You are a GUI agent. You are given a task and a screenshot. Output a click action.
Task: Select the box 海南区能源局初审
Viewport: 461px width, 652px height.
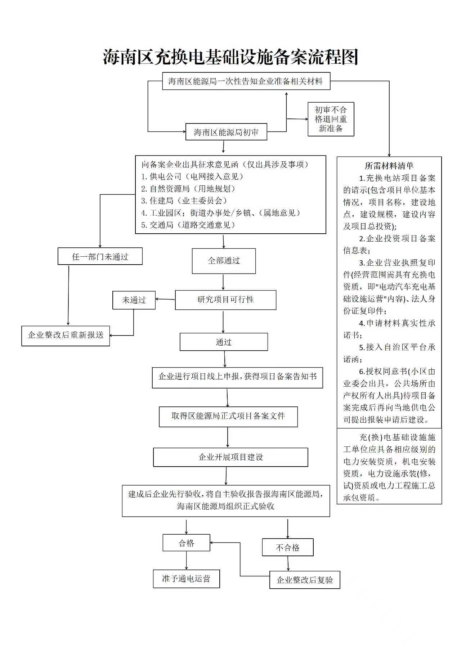tap(226, 132)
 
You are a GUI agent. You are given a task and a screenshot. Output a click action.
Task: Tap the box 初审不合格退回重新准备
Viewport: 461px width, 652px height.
tap(331, 119)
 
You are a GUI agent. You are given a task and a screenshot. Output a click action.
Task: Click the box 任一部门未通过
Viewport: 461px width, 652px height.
tap(100, 256)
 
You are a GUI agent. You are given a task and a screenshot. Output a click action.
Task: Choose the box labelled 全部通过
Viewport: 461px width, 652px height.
tap(224, 261)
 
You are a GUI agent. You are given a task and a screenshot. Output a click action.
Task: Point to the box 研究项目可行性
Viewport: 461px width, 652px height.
tap(225, 300)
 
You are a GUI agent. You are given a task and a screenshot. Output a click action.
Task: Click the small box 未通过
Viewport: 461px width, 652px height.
tap(134, 300)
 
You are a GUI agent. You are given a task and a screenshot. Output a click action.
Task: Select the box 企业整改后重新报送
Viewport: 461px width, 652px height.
tap(66, 335)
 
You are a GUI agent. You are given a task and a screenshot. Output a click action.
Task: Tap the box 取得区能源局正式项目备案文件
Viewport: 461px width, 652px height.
tap(228, 416)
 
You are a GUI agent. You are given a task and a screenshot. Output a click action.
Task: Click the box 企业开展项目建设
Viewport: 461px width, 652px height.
tap(230, 457)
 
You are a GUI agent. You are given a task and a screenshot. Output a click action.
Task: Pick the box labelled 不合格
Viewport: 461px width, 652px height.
tap(287, 548)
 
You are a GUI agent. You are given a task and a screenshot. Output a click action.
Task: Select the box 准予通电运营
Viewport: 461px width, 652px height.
tap(186, 579)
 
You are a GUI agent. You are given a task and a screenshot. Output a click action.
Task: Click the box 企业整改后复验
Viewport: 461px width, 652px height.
tap(305, 580)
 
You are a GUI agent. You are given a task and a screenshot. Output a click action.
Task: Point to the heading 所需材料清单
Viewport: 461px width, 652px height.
tap(389, 166)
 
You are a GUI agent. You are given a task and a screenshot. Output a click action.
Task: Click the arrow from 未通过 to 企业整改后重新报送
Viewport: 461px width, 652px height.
tap(133, 324)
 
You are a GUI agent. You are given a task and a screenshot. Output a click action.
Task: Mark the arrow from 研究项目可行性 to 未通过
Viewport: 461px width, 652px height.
tap(165, 299)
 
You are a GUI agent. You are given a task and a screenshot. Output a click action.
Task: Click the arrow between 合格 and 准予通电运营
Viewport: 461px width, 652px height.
tap(186, 560)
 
